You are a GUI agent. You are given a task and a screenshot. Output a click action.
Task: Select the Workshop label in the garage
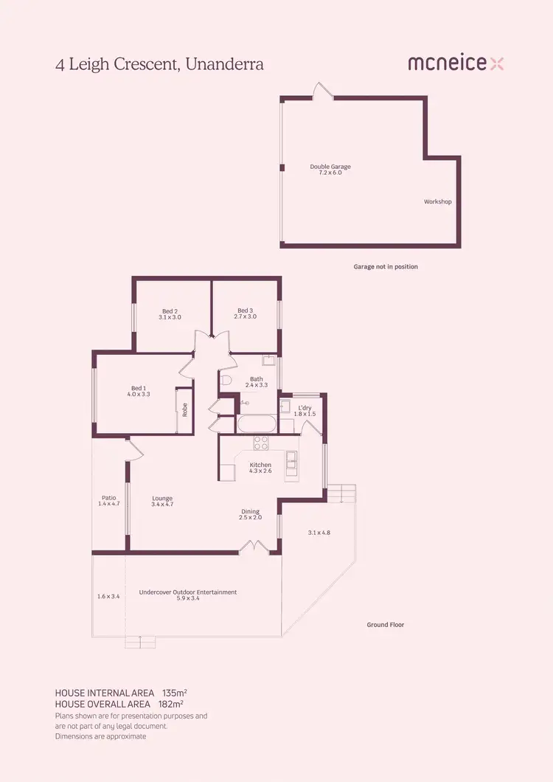437,201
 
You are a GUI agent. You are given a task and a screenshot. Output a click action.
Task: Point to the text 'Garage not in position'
386,266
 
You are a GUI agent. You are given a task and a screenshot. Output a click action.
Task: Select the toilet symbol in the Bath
227,381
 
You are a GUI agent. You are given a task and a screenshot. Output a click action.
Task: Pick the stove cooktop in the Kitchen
262,443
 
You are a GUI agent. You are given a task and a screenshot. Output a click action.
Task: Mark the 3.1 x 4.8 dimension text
319,532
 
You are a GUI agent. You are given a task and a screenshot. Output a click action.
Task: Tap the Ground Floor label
386,625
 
